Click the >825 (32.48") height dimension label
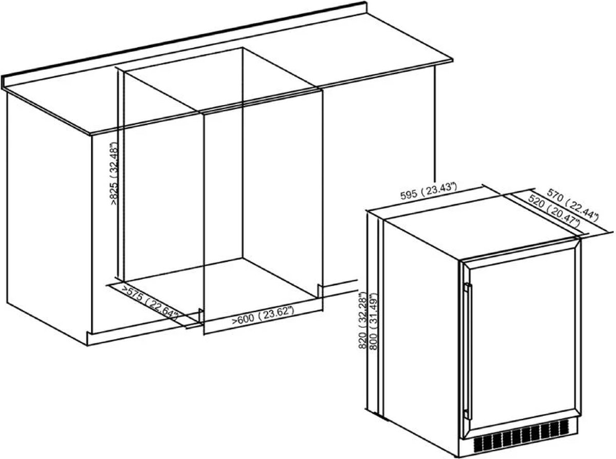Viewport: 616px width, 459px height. [x=114, y=174]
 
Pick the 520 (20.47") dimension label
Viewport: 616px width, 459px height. [x=554, y=214]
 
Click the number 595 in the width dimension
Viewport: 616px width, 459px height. [x=409, y=195]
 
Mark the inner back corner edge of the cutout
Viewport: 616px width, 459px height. [x=242, y=153]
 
